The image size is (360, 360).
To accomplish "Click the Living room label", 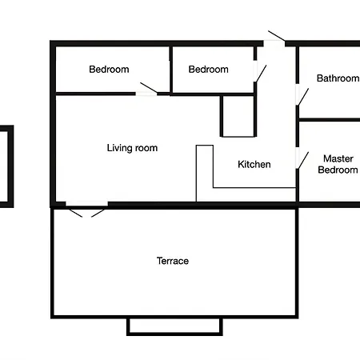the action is pos(132,148).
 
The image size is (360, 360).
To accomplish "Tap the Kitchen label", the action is pos(254,164).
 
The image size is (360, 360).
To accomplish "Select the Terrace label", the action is pos(173,261).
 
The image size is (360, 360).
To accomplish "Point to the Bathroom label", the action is pos(338,78).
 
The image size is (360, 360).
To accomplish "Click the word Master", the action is pos(338,158).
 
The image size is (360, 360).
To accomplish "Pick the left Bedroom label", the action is pos(109,70).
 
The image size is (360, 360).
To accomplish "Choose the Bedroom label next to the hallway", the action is pos(209,70).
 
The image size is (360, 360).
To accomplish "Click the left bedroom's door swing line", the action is pos(149,88).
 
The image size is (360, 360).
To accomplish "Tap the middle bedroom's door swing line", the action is pos(261,74).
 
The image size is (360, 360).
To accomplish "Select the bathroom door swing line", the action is pos(303,97).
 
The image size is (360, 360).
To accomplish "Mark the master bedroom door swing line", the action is pos(303,160).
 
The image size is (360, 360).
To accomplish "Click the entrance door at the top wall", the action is pos(277,36).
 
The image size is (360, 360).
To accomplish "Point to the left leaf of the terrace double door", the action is pos(76,213).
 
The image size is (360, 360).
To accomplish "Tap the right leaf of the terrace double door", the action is pos(98,213).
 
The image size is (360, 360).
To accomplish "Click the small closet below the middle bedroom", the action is pos(238,116).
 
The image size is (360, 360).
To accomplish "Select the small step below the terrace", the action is pos(174,326).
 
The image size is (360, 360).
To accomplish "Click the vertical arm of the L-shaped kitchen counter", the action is pos(205,174).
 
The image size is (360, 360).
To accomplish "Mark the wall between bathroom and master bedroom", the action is pos(330,120).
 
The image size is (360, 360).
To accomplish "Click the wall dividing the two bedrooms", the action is pos(170,70).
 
